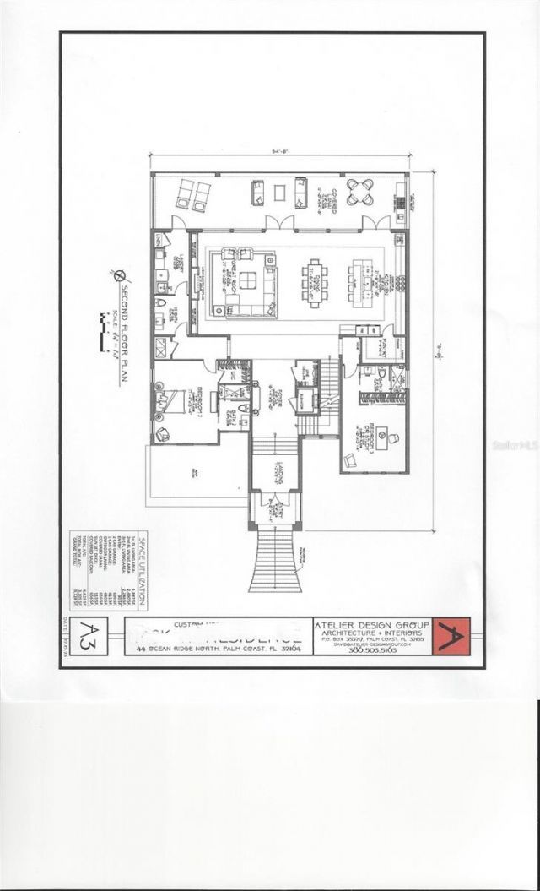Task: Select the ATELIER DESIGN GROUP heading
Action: click(371, 625)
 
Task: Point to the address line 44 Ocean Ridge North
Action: click(218, 647)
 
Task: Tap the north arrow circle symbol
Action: click(119, 274)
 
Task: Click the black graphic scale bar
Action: click(105, 322)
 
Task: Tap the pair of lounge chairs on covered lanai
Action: click(192, 195)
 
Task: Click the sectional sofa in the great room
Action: click(247, 282)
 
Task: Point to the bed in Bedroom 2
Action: click(174, 400)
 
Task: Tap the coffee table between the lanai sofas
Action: click(279, 193)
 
